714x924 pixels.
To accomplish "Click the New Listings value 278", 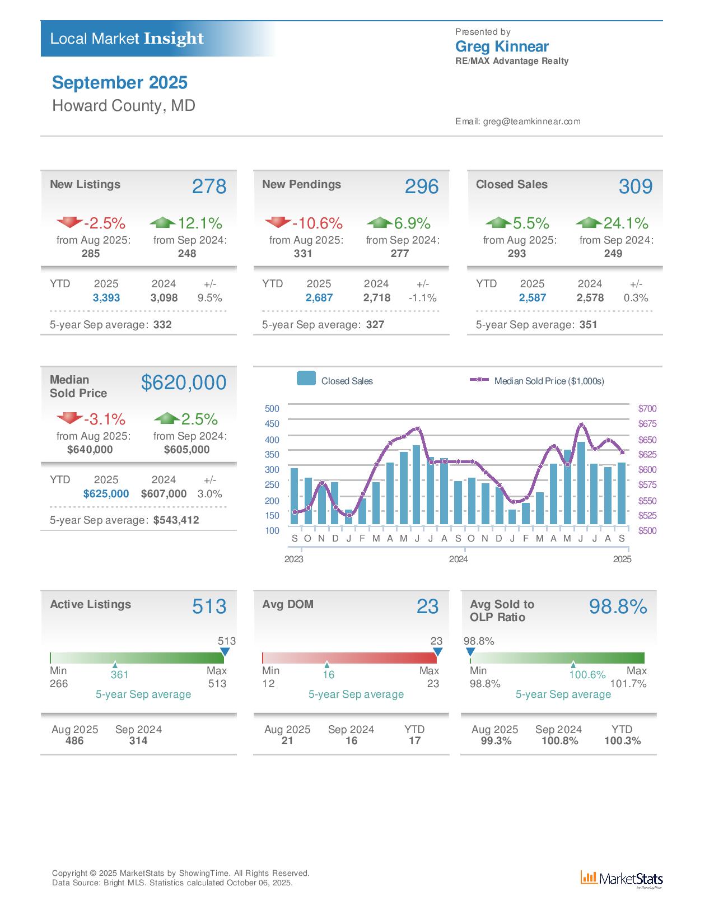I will pos(209,186).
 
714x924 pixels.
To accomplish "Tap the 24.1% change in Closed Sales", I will pos(625,223).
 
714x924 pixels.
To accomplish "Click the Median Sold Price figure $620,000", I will pos(184,382).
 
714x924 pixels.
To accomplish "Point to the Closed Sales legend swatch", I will pos(306,379).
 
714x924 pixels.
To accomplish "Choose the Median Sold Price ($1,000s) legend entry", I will pos(548,381).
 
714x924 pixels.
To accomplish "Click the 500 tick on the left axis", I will pos(272,408).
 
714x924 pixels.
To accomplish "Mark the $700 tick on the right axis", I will pos(647,409).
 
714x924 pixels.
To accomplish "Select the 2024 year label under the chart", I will pos(458,559).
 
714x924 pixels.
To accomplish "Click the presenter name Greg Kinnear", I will pos(502,46).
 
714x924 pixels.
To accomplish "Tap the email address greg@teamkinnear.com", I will pos(531,122).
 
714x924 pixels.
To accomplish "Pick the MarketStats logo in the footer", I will pos(622,879).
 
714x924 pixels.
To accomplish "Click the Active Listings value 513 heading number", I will pos(209,606).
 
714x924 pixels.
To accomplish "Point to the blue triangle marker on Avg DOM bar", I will pos(438,652).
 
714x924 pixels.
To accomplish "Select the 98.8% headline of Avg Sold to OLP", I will pos(618,606).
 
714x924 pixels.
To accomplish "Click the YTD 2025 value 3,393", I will pos(106,298).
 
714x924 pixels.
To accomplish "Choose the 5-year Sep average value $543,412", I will pos(176,520).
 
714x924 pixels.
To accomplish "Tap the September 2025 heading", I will pos(120,83).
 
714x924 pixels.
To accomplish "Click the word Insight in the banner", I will pos(174,39).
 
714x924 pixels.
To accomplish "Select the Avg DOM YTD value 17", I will pos(414,741).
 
